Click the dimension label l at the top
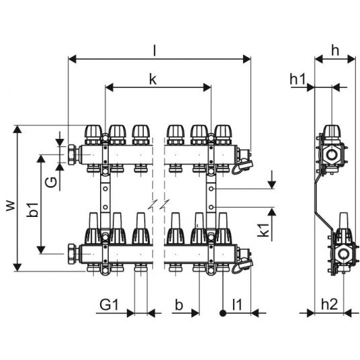pos(154,50)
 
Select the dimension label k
pos(153,80)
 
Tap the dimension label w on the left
pos(11,206)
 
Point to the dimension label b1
pos(33,210)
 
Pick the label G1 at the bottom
pos(109,305)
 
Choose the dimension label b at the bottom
pos(179,305)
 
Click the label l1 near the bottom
pos(236,305)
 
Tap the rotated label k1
pos(265,230)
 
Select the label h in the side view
pos(335,50)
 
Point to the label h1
pos(298,79)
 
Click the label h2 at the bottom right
pos(330,305)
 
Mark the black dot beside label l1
pos(223,313)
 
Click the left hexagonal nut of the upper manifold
pos(73,154)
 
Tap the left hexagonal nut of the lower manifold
pos(73,254)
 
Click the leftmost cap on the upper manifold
pos(93,134)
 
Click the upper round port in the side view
pos(331,154)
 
